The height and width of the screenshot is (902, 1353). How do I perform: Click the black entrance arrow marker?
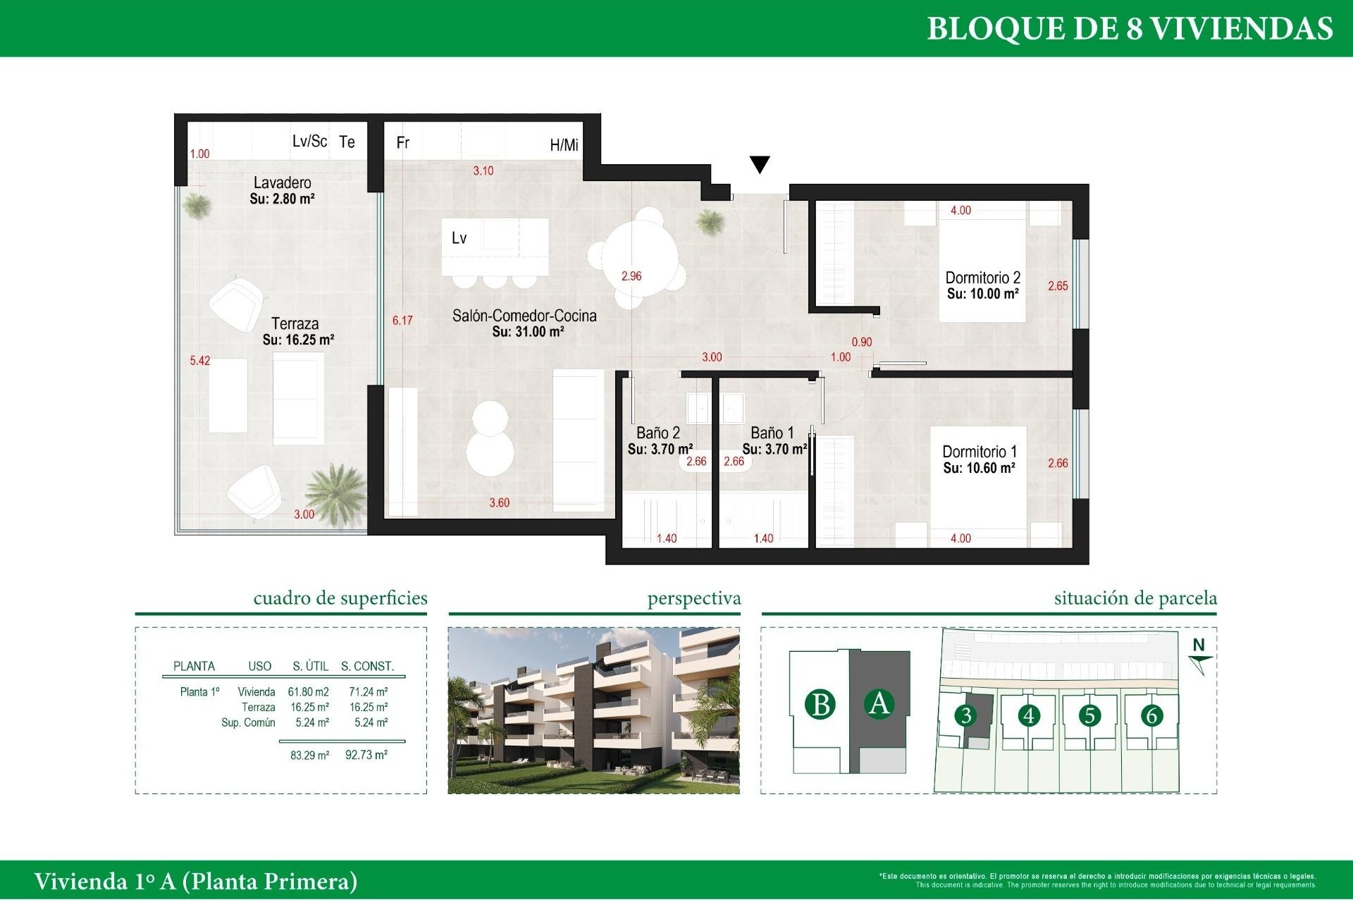tap(759, 163)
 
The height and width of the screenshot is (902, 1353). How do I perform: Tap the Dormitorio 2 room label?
tap(982, 278)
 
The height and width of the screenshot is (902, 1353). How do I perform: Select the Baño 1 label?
tap(772, 433)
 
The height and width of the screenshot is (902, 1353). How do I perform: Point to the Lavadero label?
tap(282, 183)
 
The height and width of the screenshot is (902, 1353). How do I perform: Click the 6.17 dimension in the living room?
tap(402, 321)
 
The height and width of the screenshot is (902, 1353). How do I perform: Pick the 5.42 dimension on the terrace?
tap(199, 361)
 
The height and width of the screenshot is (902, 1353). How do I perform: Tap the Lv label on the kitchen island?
tap(459, 238)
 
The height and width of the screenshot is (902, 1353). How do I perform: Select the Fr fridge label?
tap(402, 143)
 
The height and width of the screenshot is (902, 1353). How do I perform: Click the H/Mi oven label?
tap(564, 145)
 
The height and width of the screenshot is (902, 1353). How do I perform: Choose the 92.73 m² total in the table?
tap(366, 755)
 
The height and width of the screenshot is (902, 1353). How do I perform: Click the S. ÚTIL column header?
tap(310, 666)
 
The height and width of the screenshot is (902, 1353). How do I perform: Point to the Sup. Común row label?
tap(248, 722)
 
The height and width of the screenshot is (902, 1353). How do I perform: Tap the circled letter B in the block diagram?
tap(820, 704)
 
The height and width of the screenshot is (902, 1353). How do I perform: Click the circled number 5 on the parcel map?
tap(1089, 715)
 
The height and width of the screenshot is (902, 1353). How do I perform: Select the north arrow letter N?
tap(1199, 645)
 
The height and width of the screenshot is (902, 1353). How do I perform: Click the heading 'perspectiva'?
tap(693, 598)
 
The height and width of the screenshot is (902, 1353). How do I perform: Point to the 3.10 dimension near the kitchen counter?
tap(483, 171)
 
